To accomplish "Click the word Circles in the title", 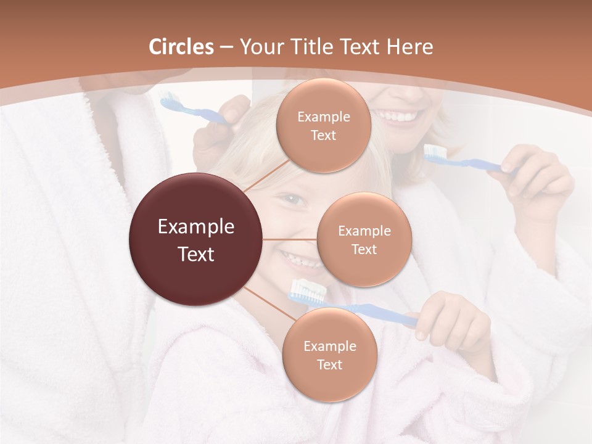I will pos(181,47).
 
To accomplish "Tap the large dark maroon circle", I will pos(195,240).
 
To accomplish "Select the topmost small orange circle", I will pos(323,126).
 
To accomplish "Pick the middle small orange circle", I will pos(364,239).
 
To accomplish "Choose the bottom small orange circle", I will pos(329,355).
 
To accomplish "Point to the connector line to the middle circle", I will pos(290,239).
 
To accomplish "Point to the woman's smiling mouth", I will pos(398,116).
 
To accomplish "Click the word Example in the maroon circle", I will pos(195,227).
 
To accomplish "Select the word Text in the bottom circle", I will pos(329,364).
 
